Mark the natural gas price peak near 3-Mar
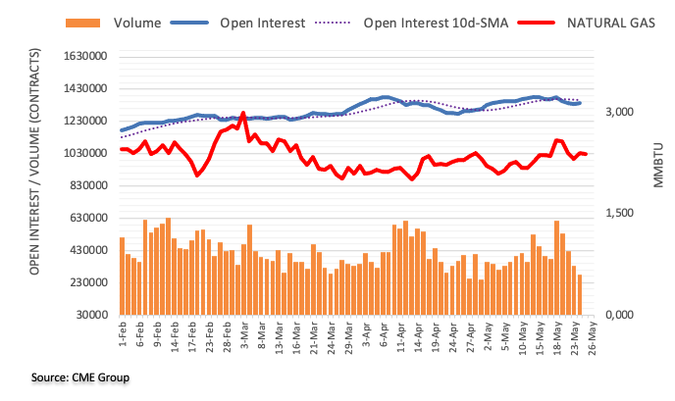click(242, 113)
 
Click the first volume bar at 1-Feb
click(122, 276)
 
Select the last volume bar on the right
click(579, 294)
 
